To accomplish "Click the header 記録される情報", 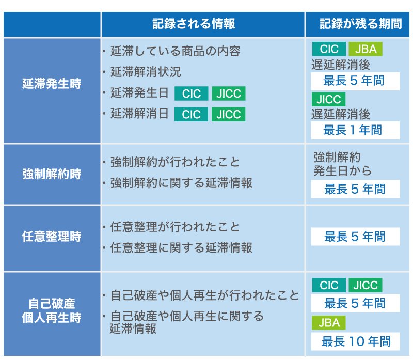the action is point(194,24).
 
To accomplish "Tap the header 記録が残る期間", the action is point(360,24).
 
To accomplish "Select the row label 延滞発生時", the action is point(52,84).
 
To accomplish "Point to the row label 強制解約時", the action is point(52,174).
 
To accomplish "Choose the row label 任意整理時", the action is point(52,237).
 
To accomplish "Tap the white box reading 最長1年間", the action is point(355,130).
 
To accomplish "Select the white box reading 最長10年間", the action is point(355,341).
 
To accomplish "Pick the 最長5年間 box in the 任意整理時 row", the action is point(355,237).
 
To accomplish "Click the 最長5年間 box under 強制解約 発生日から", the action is point(355,189).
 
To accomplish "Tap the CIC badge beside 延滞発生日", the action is point(192,94).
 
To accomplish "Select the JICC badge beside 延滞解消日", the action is point(228,114).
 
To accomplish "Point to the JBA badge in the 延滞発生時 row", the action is point(366,50).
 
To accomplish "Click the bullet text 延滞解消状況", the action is point(146,72).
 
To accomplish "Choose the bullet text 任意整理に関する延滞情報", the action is point(182,248).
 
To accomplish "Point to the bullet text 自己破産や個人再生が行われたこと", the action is point(205,296).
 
